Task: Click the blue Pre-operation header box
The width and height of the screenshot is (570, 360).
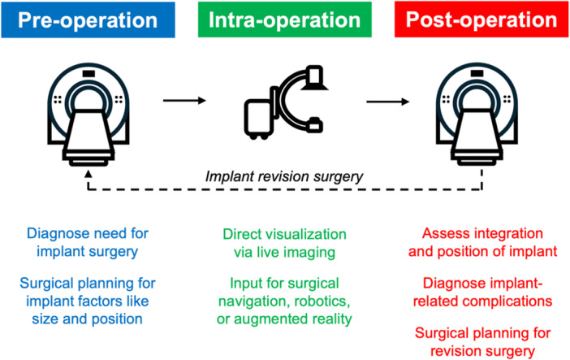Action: point(88,20)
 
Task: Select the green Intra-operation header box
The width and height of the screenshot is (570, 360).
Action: point(285,20)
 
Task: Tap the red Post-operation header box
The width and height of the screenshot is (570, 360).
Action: point(481,20)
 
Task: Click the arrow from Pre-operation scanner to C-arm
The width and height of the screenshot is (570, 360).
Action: point(184,101)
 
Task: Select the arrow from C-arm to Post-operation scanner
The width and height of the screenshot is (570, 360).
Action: point(387,102)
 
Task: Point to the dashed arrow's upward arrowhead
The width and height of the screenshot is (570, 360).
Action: point(88,174)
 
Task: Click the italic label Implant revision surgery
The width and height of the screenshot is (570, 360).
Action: point(284,176)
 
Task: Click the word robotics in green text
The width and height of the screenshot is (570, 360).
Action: point(322,301)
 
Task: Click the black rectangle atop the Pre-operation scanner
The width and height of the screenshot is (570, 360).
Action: point(89,74)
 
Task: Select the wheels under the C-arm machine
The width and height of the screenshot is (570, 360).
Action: point(259,137)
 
